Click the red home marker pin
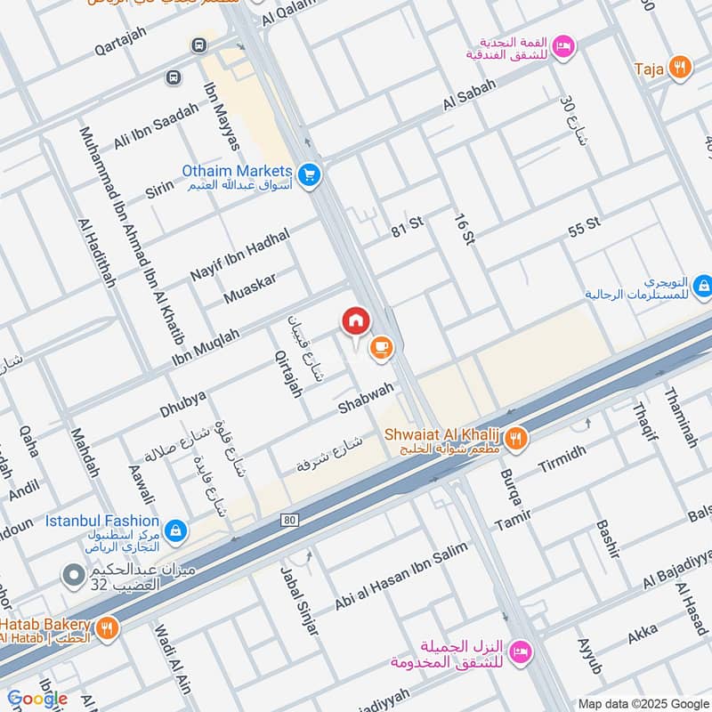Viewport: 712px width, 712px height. point(355,320)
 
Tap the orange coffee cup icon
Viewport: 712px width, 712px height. point(381,348)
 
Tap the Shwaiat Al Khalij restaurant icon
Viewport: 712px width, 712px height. point(516,437)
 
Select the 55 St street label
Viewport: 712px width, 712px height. point(584,226)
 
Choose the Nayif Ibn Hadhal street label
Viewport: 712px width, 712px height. point(240,255)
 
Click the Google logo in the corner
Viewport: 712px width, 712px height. point(36,699)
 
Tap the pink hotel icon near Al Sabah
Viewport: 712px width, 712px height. point(562,46)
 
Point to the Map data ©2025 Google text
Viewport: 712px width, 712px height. point(643,702)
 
